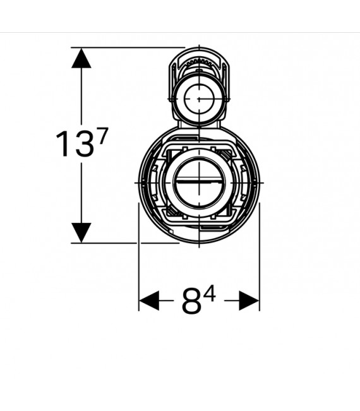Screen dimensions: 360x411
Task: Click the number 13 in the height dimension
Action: point(75,144)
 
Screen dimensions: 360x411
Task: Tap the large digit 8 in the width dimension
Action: point(191,301)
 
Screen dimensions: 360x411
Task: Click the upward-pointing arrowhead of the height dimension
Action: point(81,58)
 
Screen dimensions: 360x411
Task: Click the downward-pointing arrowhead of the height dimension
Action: point(81,233)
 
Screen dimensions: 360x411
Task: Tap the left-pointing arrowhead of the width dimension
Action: point(149,301)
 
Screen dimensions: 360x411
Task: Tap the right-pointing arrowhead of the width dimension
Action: point(249,301)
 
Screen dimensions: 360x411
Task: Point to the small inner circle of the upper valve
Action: point(200,99)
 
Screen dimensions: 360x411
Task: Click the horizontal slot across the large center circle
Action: point(200,181)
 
